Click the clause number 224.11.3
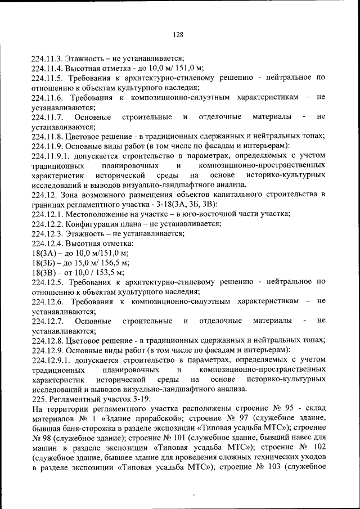(48, 58)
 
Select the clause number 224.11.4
(48, 68)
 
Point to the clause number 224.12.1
(48, 213)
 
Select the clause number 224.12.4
(48, 243)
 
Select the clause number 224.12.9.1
(51, 359)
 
